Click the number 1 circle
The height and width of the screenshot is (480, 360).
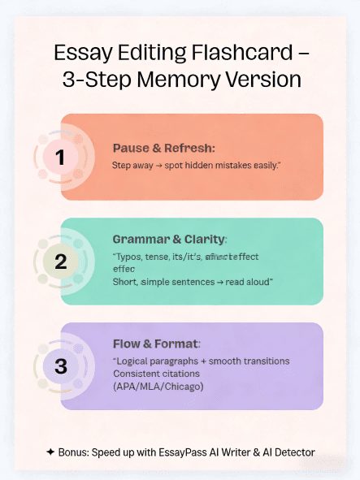pyautogui.click(x=60, y=156)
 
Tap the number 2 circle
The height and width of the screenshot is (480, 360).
pyautogui.click(x=60, y=262)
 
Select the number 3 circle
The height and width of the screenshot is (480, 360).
pyautogui.click(x=60, y=366)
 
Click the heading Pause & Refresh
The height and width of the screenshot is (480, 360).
pyautogui.click(x=163, y=149)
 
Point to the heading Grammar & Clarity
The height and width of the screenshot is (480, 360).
pyautogui.click(x=169, y=240)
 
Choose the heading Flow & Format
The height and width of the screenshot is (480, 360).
pyautogui.click(x=157, y=344)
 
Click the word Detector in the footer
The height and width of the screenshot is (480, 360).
pyautogui.click(x=293, y=452)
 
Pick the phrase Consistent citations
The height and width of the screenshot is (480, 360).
pyautogui.click(x=154, y=374)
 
